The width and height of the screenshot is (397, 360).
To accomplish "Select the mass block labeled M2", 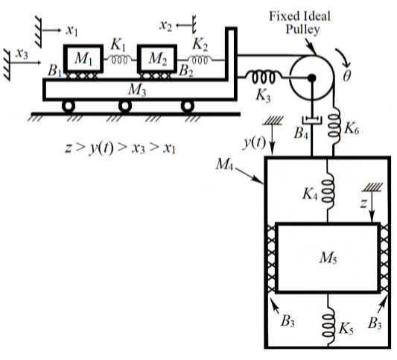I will [157, 59].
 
